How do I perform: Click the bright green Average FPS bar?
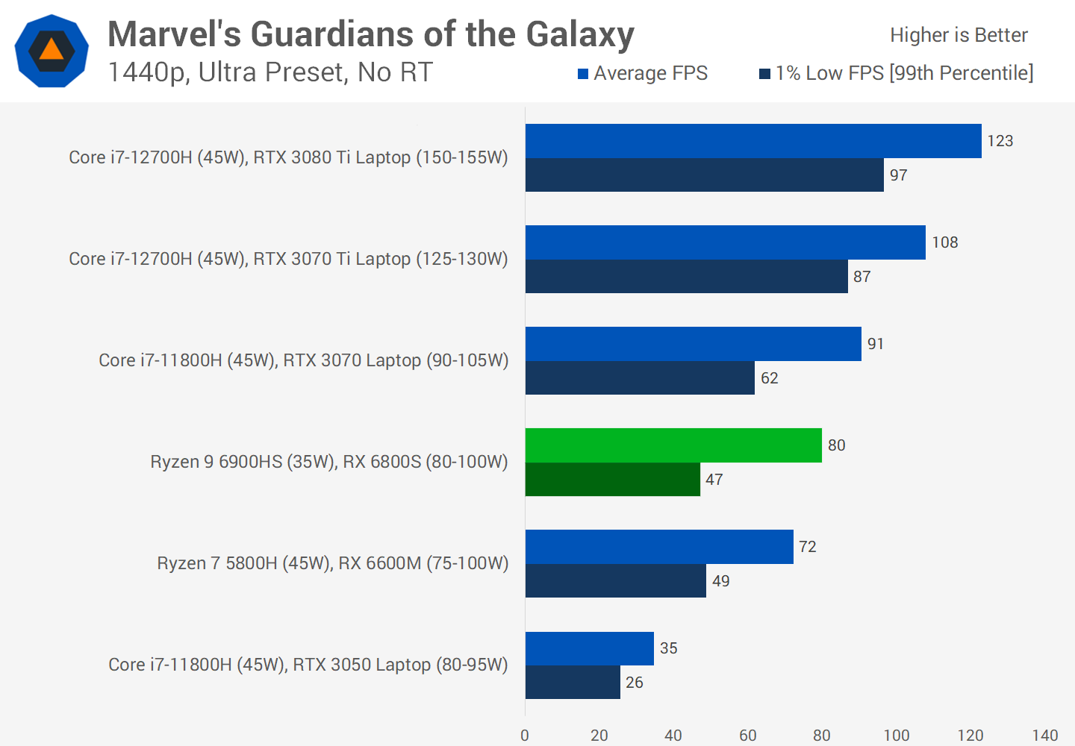(673, 445)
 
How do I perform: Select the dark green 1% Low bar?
(612, 480)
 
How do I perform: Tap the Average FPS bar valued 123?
(753, 141)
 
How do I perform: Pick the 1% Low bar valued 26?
(573, 683)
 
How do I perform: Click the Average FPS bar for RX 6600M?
(659, 547)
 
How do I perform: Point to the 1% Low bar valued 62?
(640, 378)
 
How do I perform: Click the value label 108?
(944, 242)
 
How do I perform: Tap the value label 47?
(714, 480)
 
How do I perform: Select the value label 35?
(668, 648)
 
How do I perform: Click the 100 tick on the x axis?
(896, 736)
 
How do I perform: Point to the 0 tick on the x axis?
(525, 736)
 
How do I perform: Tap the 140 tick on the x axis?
(1044, 736)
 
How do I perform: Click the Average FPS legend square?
(583, 74)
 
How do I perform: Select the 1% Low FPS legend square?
(764, 74)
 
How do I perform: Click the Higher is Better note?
(959, 35)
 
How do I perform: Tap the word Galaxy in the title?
(580, 34)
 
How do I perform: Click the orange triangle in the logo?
(52, 50)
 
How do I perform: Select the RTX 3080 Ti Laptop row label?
(288, 157)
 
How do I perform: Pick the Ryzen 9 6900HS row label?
(328, 462)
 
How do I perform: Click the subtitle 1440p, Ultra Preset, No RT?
(270, 72)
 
